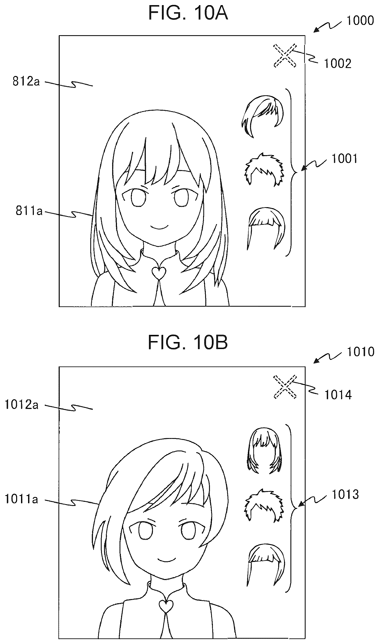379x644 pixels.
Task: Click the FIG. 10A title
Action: tap(188, 13)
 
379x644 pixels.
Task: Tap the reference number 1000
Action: tap(360, 21)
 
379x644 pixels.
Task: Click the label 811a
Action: tap(29, 211)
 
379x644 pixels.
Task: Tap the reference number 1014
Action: tap(338, 395)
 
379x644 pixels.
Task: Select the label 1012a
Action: tap(22, 405)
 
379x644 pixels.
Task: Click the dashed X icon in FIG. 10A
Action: tap(285, 56)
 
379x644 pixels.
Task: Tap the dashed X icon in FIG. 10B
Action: tap(285, 387)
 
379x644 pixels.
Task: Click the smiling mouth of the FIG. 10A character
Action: tap(159, 227)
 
